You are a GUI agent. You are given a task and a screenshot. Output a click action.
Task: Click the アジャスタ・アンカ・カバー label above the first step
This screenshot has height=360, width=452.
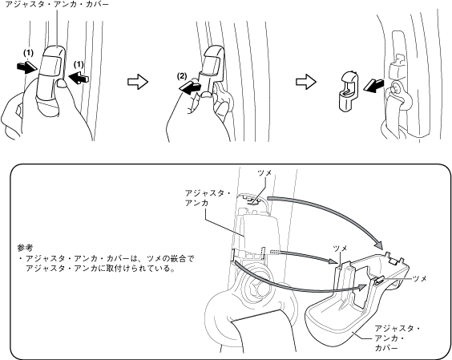pyautogui.click(x=57, y=4)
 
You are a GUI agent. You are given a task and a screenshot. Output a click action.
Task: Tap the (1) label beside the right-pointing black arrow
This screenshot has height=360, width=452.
pyautogui.click(x=28, y=53)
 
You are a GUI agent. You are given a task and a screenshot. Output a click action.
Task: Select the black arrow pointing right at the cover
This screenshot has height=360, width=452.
pyautogui.click(x=27, y=68)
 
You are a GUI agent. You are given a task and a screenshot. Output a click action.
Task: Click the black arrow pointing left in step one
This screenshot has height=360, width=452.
pyautogui.click(x=79, y=78)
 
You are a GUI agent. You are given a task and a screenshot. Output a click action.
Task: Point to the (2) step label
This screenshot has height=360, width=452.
pyautogui.click(x=182, y=76)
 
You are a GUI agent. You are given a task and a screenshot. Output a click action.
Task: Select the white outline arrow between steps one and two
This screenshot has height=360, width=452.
pyautogui.click(x=138, y=82)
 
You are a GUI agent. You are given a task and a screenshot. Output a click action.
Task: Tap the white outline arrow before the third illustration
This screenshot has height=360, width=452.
pyautogui.click(x=306, y=82)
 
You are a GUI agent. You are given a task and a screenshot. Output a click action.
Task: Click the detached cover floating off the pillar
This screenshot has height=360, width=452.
pyautogui.click(x=349, y=91)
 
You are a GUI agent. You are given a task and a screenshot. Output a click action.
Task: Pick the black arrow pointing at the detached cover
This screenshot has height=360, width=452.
pyautogui.click(x=373, y=86)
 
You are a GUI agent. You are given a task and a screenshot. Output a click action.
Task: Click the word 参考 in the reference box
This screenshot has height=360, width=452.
pyautogui.click(x=25, y=248)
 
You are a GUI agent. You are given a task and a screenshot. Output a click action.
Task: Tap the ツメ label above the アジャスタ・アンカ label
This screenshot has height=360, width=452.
pyautogui.click(x=264, y=172)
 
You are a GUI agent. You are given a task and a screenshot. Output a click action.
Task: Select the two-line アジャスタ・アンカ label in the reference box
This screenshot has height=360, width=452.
pyautogui.click(x=208, y=198)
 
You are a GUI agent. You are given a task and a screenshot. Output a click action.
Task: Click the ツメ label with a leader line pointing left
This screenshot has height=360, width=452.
pyautogui.click(x=420, y=278)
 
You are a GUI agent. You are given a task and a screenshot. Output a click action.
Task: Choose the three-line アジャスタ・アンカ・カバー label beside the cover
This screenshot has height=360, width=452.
pyautogui.click(x=398, y=338)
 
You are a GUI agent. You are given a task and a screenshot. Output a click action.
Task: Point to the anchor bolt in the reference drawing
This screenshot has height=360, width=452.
pyautogui.click(x=255, y=285)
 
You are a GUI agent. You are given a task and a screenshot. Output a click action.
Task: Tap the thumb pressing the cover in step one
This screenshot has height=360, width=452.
pyautogui.click(x=61, y=83)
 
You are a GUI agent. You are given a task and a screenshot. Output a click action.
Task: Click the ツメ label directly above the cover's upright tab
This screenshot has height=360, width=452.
pyautogui.click(x=340, y=249)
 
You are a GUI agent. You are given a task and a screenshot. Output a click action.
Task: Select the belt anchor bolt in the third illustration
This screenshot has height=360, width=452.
pyautogui.click(x=395, y=87)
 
